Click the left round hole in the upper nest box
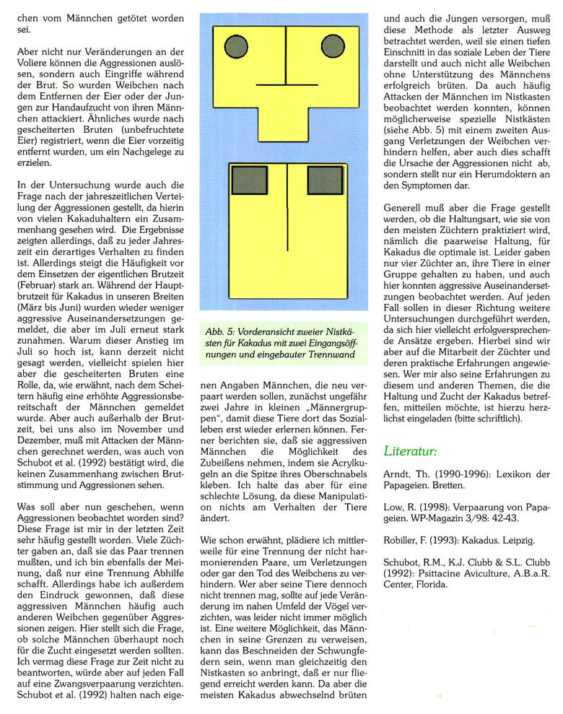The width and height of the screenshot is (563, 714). click(x=236, y=48)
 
